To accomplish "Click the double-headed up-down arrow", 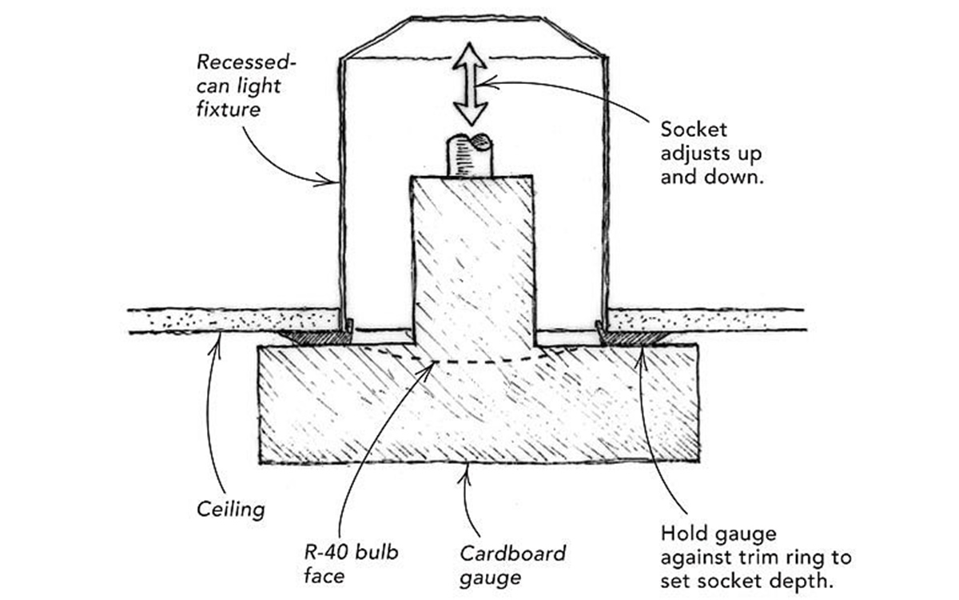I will click(471, 85).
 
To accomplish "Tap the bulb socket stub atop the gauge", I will click(469, 155).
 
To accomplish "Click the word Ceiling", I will click(230, 508).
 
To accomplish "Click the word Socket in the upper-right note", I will click(688, 129).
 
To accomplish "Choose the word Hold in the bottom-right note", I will click(682, 533).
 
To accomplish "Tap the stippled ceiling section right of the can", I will click(703, 318).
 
